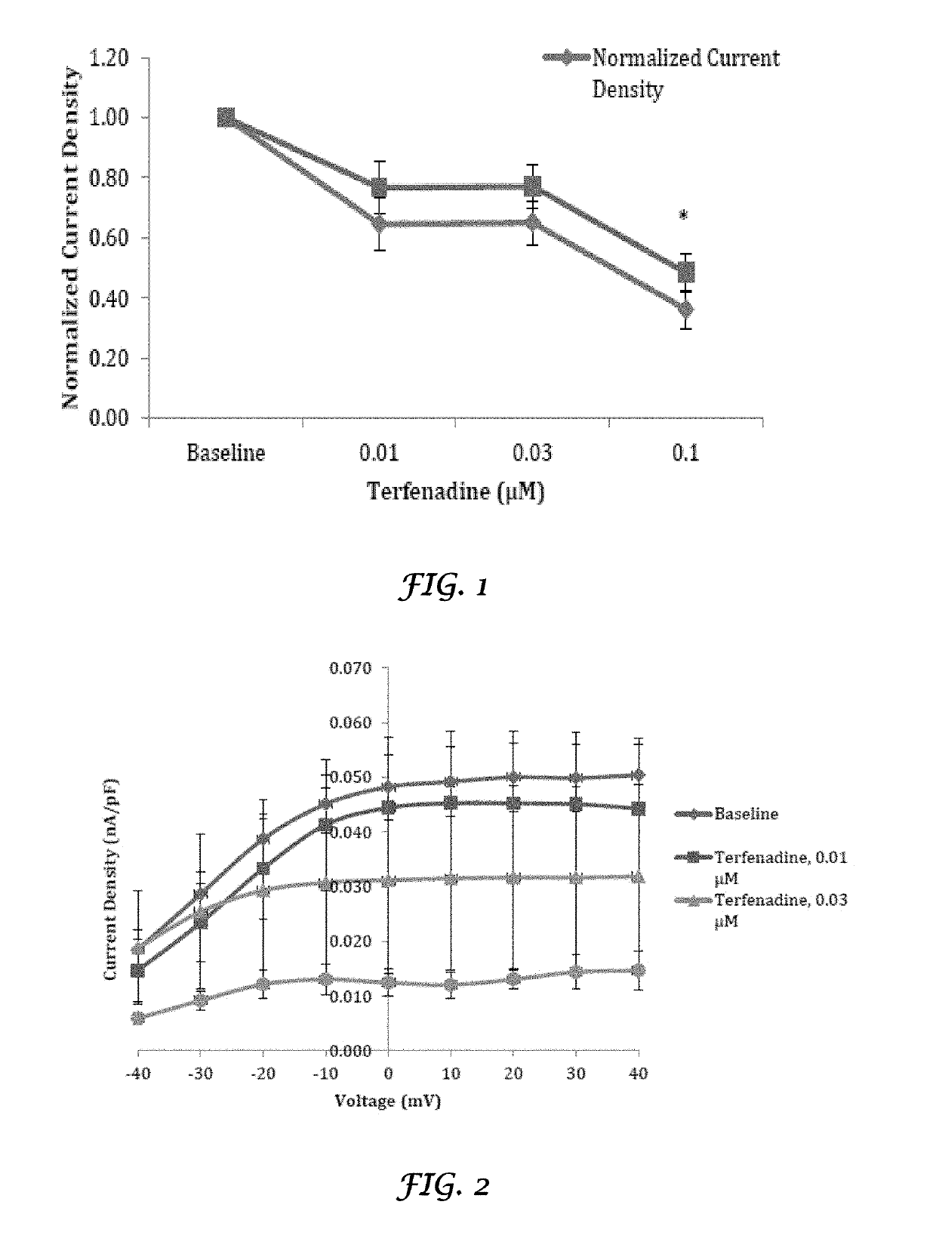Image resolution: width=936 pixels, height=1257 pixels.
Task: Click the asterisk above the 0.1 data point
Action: coord(684,215)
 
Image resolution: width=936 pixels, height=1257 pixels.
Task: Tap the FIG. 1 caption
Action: coord(443,587)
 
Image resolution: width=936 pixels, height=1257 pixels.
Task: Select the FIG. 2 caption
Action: coord(443,1185)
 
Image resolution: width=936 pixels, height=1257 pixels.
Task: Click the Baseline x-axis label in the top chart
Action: coord(226,453)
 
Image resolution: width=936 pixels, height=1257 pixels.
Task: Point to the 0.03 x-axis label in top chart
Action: coord(532,453)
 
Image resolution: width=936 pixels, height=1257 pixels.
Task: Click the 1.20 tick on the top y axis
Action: coord(109,57)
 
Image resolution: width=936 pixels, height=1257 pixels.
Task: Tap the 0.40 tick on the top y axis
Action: coord(109,297)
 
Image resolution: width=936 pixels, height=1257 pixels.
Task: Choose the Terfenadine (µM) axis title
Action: coord(455,491)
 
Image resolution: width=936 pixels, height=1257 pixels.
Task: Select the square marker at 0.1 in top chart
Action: coord(685,272)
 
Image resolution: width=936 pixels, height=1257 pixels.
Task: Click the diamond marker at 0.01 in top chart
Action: coord(380,224)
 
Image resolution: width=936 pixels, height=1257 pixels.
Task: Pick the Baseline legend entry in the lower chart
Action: coord(727,814)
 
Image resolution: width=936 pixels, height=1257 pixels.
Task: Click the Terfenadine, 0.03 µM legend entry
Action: coord(761,910)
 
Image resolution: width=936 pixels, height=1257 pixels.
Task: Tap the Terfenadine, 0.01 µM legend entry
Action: coord(761,867)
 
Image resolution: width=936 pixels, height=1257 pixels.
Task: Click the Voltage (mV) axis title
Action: coord(387,1101)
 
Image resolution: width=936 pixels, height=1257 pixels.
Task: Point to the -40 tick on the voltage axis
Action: coord(137,1074)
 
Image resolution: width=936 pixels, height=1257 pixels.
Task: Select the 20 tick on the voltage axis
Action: coord(513,1074)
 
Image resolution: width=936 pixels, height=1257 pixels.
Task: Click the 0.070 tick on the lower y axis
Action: coord(350,668)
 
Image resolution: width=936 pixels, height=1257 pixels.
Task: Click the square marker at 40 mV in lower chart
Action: coord(639,809)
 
